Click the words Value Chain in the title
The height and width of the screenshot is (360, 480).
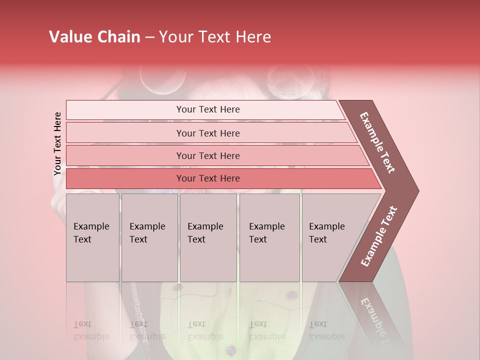point(94,37)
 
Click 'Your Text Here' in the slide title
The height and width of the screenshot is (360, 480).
point(215,37)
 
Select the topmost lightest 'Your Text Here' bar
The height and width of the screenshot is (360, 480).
point(208,109)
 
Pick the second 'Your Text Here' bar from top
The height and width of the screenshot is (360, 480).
point(208,133)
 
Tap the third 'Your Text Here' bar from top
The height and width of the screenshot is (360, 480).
point(208,155)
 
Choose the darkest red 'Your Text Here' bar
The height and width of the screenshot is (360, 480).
point(208,178)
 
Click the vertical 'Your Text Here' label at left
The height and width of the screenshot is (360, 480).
point(57,143)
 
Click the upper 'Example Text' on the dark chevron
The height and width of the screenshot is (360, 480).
point(377,142)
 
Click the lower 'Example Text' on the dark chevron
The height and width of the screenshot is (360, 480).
point(379,236)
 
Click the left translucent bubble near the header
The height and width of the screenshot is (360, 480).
point(155,79)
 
